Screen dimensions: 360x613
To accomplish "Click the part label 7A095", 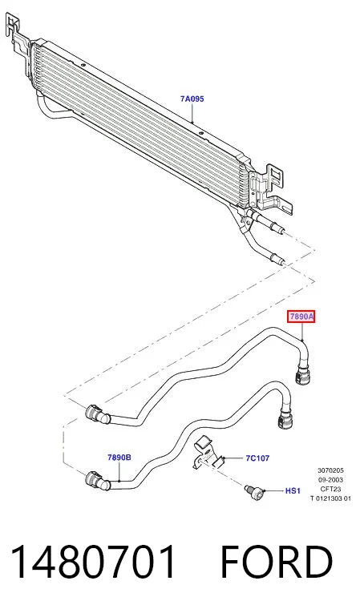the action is tap(192, 99).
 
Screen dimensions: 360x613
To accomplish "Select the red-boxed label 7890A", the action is tap(301, 317).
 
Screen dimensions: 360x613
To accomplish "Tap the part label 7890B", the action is tap(119, 457).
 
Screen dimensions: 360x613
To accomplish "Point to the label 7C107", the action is tap(257, 458).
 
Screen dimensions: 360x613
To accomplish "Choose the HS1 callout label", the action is tap(293, 490).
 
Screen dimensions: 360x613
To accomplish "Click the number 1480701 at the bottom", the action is tap(93, 562).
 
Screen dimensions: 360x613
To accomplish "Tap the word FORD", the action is tap(277, 562).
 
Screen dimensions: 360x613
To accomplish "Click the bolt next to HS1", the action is tap(255, 491).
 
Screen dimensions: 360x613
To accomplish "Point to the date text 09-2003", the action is tap(330, 480).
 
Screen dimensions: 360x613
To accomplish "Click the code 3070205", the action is tap(330, 470).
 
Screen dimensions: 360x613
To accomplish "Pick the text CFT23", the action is tap(330, 489).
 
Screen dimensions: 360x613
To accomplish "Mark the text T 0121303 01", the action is tap(330, 498).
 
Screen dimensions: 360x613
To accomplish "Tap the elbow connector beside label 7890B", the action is tap(98, 481).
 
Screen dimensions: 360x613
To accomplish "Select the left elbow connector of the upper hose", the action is tap(98, 414).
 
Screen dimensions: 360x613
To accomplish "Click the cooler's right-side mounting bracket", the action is tap(271, 187).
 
